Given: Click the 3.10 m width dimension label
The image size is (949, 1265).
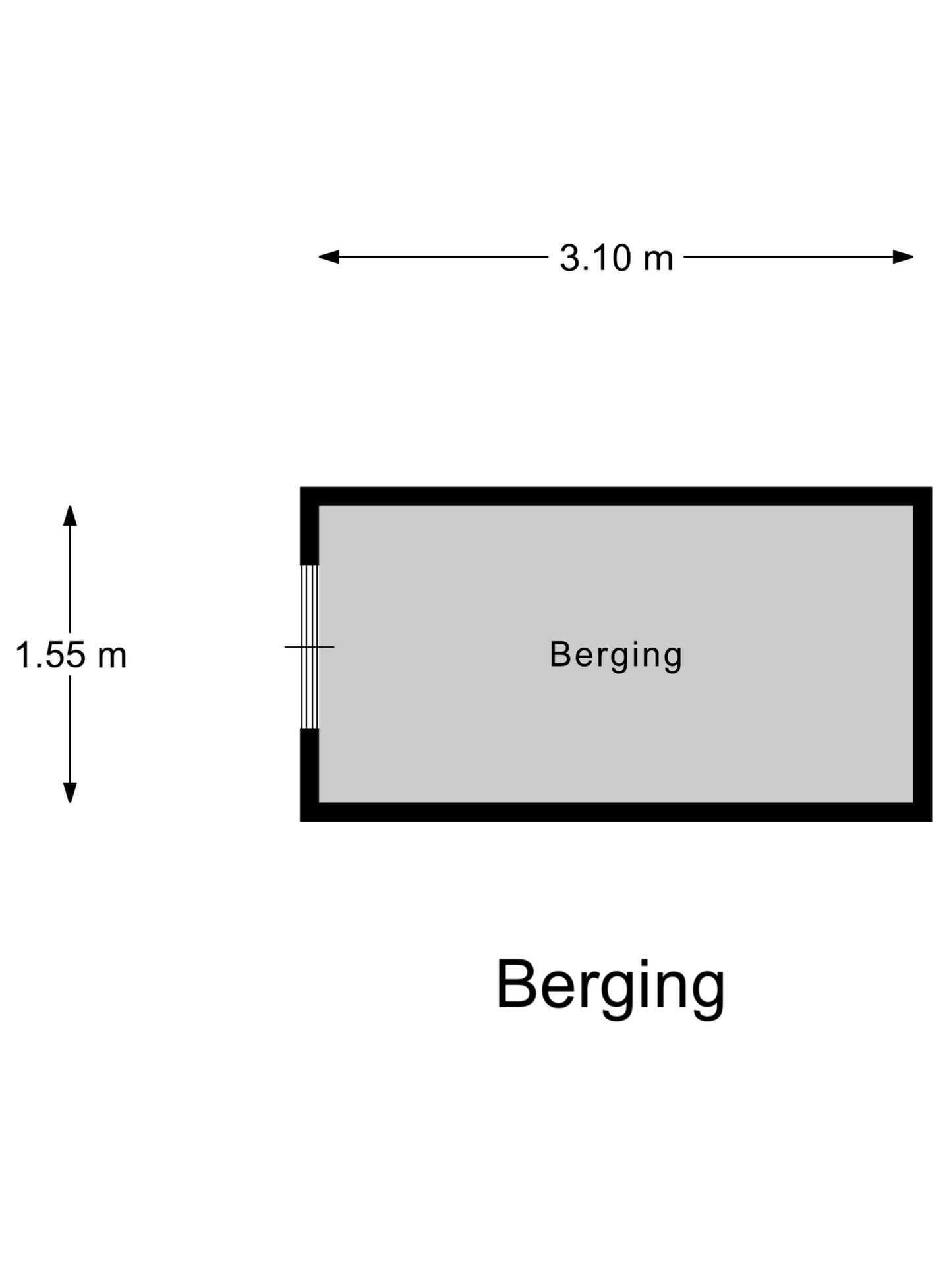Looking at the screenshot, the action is click(616, 258).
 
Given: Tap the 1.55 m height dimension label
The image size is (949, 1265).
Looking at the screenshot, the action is click(71, 656).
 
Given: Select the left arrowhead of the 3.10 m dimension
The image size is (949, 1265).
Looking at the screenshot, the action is click(329, 257).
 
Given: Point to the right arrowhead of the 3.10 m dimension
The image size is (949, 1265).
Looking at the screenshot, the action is click(904, 257).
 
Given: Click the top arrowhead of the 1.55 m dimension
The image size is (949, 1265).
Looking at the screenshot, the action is click(70, 516).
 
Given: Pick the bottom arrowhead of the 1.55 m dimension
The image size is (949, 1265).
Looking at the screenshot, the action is click(70, 793).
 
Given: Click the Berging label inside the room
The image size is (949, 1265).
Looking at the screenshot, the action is click(616, 656).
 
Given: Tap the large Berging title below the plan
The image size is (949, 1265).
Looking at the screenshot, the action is click(610, 988).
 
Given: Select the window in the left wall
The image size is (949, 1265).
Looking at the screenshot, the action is click(309, 647).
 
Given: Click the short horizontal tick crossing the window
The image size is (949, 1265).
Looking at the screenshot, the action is click(309, 647).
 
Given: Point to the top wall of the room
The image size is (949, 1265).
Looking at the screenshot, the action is click(616, 497).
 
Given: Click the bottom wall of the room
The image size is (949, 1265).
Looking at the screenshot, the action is click(616, 812).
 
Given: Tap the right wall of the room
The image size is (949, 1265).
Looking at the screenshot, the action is click(923, 654).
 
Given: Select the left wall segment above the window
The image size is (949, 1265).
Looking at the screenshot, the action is click(309, 526).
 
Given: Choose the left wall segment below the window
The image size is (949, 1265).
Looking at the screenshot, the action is click(309, 775).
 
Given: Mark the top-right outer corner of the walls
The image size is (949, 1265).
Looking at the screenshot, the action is click(931, 488).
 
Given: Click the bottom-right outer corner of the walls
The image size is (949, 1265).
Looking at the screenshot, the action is click(931, 821).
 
